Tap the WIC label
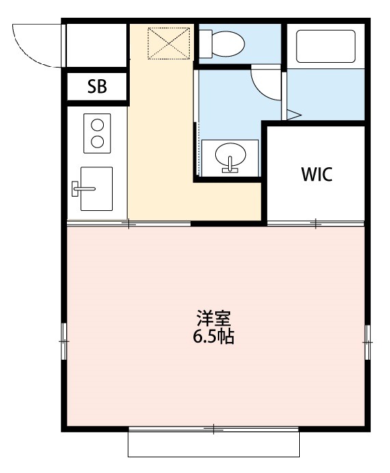tap(316, 174)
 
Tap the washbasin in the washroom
tap(230, 157)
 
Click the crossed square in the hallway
tap(169, 42)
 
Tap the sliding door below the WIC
tap(316, 223)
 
